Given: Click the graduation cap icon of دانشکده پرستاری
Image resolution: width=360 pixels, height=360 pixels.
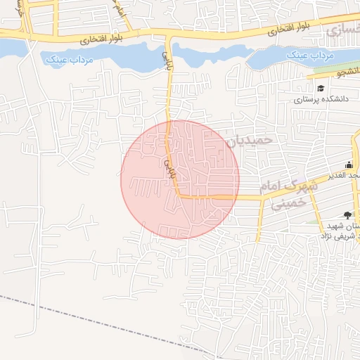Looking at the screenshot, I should (x=321, y=89).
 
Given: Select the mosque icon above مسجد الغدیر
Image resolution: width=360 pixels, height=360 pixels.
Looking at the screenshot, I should (x=349, y=165).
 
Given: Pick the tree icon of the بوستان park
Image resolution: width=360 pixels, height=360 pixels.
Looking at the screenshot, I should (x=347, y=215).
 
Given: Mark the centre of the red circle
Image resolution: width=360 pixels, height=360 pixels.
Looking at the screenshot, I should (x=180, y=179).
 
